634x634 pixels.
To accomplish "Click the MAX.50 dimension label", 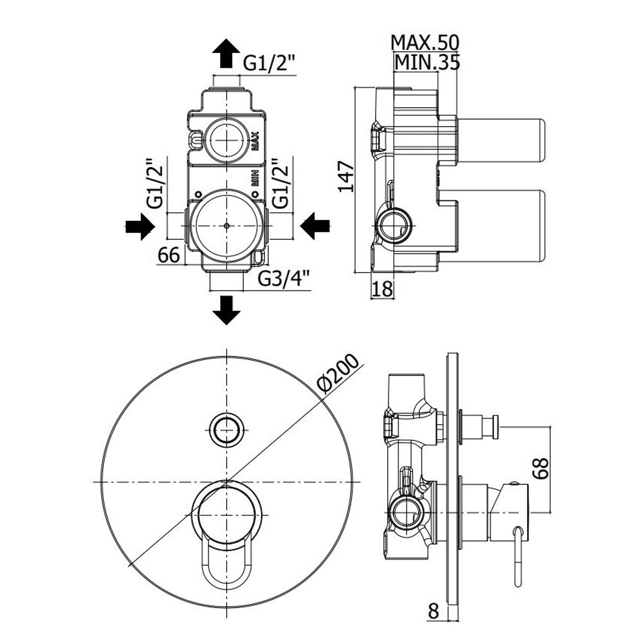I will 424,42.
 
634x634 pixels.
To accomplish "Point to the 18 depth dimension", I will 382,290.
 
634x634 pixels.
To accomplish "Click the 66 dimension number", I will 169,255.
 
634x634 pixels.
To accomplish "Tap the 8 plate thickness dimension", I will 433,611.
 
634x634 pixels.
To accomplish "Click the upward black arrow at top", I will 226,53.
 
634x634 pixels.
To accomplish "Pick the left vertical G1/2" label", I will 155,183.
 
